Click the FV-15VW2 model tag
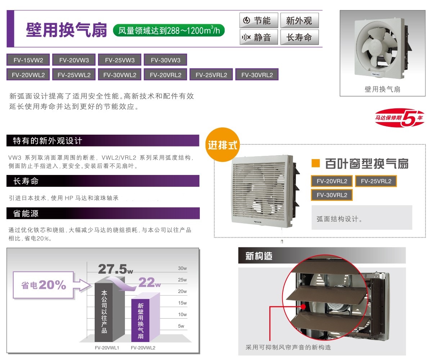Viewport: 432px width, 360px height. pyautogui.click(x=28, y=60)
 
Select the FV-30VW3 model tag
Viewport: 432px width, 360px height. pyautogui.click(x=165, y=60)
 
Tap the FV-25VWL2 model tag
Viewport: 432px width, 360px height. pyautogui.click(x=74, y=75)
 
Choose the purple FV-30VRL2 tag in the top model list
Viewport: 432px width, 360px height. pyautogui.click(x=257, y=75)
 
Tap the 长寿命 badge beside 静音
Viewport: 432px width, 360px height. pyautogui.click(x=300, y=37)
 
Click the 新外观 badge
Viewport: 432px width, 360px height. pyautogui.click(x=300, y=20)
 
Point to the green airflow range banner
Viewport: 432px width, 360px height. pyautogui.click(x=169, y=30)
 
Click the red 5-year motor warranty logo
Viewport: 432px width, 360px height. pyautogui.click(x=400, y=118)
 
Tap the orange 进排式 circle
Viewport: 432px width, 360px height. pyautogui.click(x=222, y=145)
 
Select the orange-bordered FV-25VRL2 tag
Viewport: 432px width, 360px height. pyautogui.click(x=376, y=181)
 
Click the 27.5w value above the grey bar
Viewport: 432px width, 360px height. pyautogui.click(x=116, y=269)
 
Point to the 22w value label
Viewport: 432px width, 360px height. pyautogui.click(x=149, y=282)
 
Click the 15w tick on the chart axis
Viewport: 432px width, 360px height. pyautogui.click(x=182, y=303)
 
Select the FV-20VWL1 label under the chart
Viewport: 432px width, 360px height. pyautogui.click(x=107, y=348)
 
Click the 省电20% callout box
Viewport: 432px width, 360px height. pyautogui.click(x=44, y=285)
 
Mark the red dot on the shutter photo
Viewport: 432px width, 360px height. pyautogui.click(x=303, y=306)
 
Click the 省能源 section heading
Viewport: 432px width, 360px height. pyautogui.click(x=26, y=213)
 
